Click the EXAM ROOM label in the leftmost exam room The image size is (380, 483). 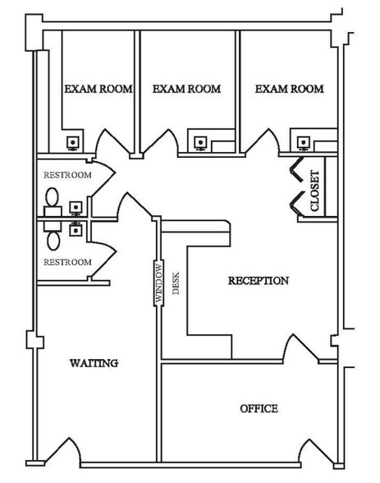click(98, 89)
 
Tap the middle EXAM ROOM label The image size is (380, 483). click(187, 89)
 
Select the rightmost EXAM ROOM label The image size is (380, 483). click(289, 89)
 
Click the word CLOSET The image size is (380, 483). click(315, 191)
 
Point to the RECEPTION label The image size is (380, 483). click(259, 281)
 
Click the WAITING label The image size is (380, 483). click(94, 363)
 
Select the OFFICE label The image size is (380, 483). click(259, 409)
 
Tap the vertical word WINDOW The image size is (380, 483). click(158, 283)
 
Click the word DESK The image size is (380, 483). click(176, 283)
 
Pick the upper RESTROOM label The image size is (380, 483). click(67, 175)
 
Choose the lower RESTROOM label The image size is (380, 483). click(67, 262)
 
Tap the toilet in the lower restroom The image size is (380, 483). click(53, 237)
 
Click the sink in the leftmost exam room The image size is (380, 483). click(73, 143)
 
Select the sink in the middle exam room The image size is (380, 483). click(200, 143)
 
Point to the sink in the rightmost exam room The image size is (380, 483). click(303, 143)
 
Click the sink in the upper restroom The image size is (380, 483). click(76, 208)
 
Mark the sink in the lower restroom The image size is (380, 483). click(76, 229)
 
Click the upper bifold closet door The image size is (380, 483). click(296, 170)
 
